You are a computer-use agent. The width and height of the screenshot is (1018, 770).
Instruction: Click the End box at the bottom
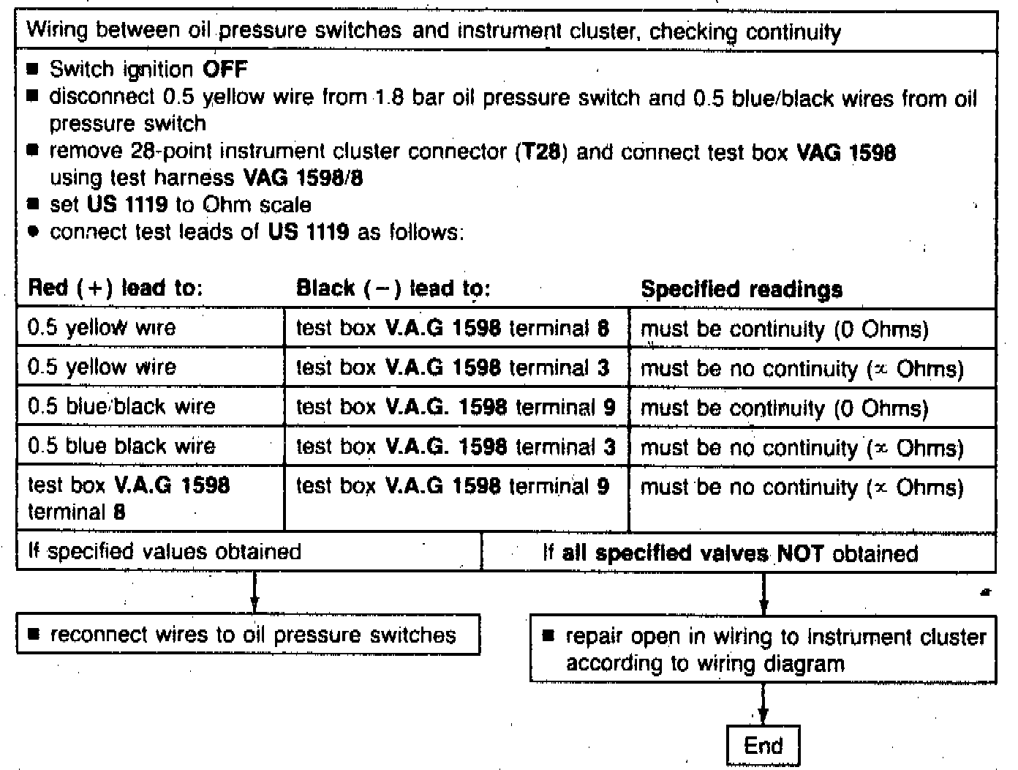click(763, 746)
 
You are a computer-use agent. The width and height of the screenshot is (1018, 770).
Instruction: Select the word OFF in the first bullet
click(225, 70)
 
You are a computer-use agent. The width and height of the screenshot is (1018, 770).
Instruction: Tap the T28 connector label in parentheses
click(542, 152)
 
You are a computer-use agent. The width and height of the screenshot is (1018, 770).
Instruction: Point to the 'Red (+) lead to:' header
click(114, 288)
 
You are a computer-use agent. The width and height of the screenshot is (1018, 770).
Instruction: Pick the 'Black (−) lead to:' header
click(393, 288)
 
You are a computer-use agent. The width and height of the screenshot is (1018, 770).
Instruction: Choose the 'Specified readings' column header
click(741, 289)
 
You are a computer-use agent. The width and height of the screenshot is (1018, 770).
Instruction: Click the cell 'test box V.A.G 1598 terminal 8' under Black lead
click(452, 328)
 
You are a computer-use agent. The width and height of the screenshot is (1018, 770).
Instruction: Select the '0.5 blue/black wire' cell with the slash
click(121, 406)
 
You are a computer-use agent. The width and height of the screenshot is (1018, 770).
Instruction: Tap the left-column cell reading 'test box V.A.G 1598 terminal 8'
click(129, 498)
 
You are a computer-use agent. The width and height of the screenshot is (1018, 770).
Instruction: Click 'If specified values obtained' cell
click(165, 551)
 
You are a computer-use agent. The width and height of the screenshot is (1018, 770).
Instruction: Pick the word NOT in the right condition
click(800, 553)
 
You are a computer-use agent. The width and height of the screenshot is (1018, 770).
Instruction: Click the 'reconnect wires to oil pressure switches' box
click(249, 634)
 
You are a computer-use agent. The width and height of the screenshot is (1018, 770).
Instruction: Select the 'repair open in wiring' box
click(763, 650)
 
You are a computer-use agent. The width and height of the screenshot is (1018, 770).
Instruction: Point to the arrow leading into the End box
click(763, 706)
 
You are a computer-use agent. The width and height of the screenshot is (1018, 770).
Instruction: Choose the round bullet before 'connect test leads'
click(33, 232)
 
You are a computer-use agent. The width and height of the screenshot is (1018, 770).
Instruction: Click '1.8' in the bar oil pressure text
click(389, 97)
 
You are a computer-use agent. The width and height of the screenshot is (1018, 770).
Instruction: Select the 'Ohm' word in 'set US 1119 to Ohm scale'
click(227, 205)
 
